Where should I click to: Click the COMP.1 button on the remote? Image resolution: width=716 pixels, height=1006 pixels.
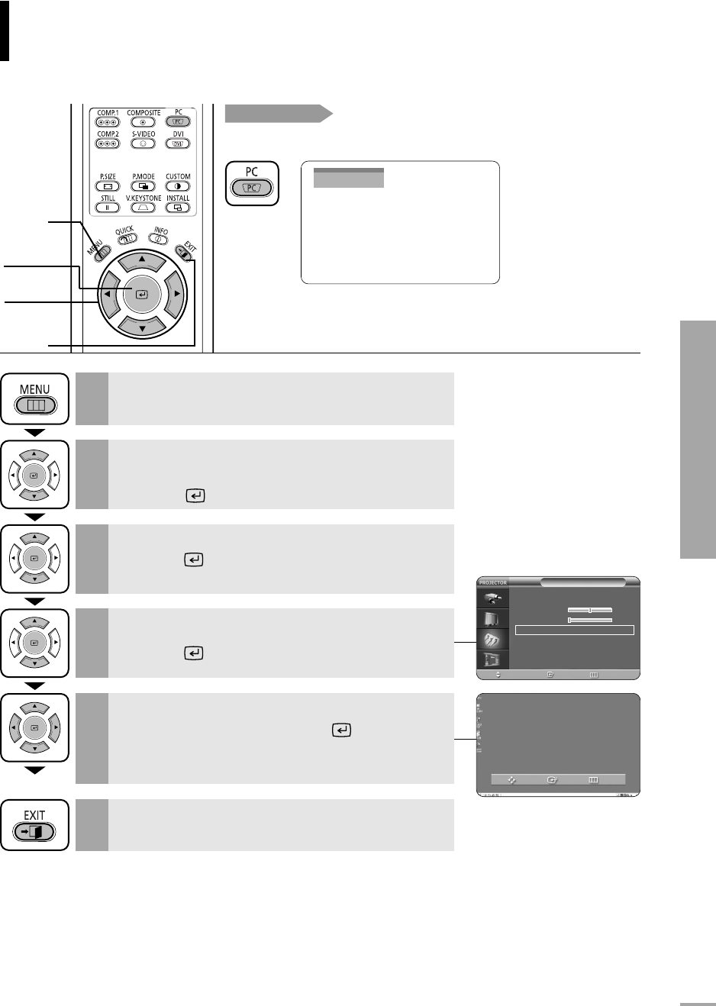(x=108, y=122)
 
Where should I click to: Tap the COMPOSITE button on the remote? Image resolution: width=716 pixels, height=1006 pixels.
(x=143, y=122)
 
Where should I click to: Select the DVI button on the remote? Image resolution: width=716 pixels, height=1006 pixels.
(x=178, y=143)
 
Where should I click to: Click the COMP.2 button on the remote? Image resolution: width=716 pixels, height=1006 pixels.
(x=108, y=143)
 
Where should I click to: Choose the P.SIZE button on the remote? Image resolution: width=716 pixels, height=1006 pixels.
(x=108, y=186)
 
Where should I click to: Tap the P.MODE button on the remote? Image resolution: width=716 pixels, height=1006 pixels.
(x=143, y=186)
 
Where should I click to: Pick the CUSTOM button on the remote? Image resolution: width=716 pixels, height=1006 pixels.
(x=178, y=186)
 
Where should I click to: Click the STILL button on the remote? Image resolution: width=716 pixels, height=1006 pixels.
(x=108, y=208)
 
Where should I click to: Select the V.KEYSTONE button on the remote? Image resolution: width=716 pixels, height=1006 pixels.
(x=143, y=208)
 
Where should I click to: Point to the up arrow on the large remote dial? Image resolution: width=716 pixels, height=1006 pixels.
(x=142, y=261)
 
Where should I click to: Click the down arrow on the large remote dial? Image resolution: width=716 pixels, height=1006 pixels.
(x=142, y=327)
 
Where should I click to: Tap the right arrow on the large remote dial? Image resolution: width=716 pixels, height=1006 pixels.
(x=176, y=294)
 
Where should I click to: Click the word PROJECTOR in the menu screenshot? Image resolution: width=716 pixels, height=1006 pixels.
(x=493, y=582)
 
